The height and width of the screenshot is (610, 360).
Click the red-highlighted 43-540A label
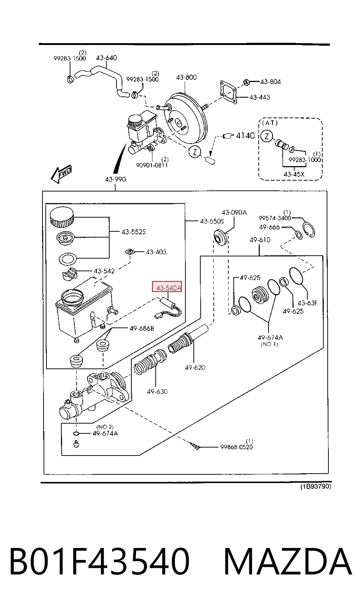tap(167, 287)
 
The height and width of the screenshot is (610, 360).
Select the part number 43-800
tap(186, 77)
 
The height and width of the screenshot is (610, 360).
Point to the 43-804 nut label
tap(270, 82)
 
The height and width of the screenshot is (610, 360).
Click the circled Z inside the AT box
tap(267, 136)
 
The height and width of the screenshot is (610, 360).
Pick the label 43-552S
tap(134, 232)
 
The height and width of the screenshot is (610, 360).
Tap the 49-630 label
tap(157, 391)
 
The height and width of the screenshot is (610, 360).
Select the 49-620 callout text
tap(195, 367)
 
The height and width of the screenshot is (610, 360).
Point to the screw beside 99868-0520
tap(196, 445)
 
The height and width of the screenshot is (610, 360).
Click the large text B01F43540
tap(99, 561)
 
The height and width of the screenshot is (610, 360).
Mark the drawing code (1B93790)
tap(316, 486)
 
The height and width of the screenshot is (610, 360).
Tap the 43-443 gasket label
tap(260, 97)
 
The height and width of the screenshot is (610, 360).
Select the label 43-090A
tap(234, 213)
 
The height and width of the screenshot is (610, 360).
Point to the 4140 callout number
tap(245, 136)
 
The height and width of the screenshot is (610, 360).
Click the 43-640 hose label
tap(106, 58)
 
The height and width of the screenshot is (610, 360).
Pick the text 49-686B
tap(142, 329)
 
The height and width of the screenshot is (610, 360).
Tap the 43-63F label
tap(307, 303)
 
